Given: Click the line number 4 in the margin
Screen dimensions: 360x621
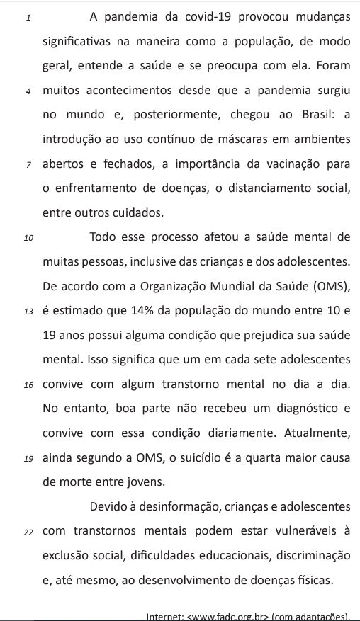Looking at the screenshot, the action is click(26, 91).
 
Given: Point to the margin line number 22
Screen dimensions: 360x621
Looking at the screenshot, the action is click(28, 532).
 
